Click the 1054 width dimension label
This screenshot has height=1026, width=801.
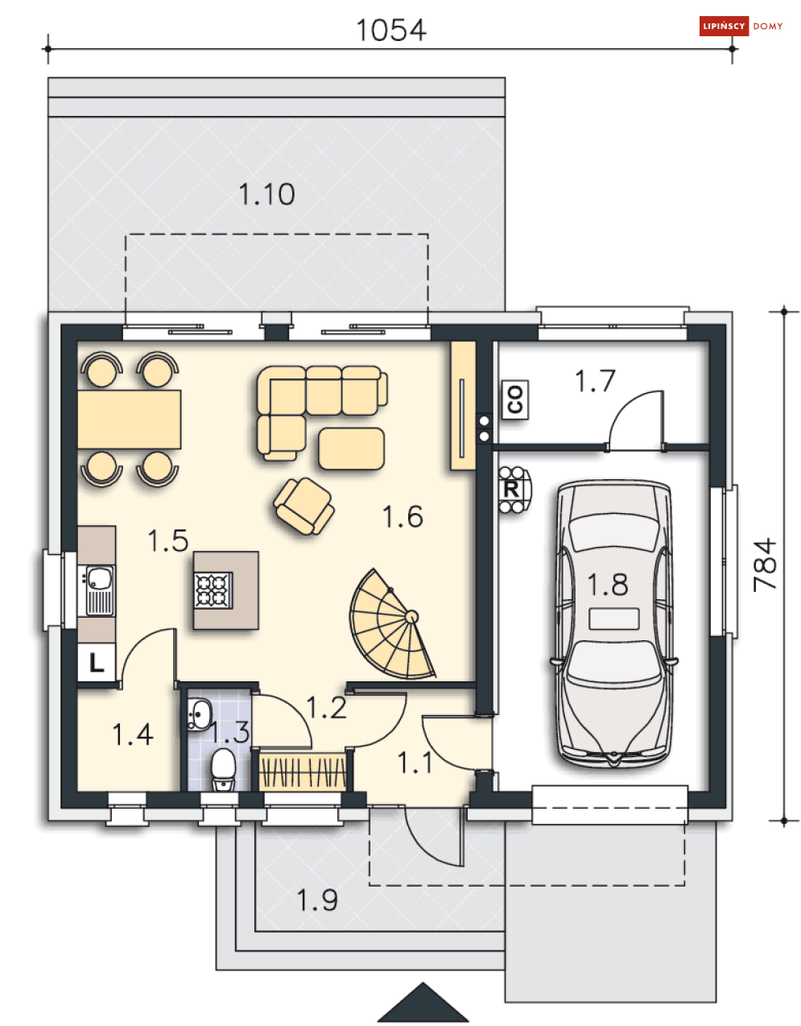pos(390,31)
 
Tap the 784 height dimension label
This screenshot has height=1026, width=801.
pos(764,565)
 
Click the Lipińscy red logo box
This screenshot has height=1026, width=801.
pos(724,26)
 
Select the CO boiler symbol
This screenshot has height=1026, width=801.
pos(514,399)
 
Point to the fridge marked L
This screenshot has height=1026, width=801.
pos(97,663)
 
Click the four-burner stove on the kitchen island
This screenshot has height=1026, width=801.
pos(213,590)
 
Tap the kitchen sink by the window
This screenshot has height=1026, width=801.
pos(96,590)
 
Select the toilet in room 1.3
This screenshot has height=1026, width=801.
pos(222,770)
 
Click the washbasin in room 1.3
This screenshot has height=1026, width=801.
pos(199,714)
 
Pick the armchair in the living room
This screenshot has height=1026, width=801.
pos(304,506)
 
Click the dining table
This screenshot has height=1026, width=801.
pos(129,420)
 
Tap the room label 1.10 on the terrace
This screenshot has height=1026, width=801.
pos(266,194)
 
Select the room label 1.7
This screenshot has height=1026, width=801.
pos(595,381)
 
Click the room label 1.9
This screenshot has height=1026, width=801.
pos(317,900)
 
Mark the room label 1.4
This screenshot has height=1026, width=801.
pos(133,734)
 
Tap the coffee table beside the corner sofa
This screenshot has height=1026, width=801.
pos(351,449)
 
